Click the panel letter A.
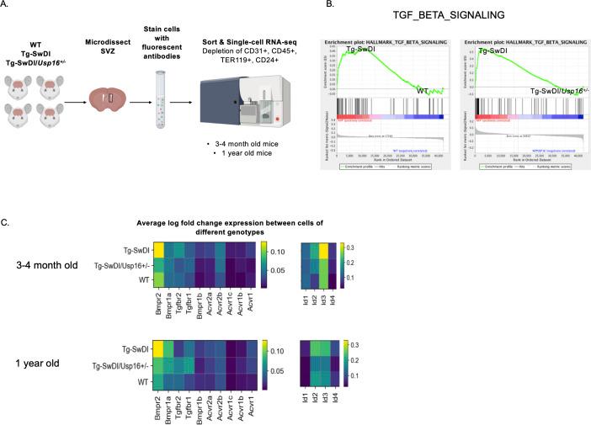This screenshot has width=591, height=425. pos(7,5)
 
